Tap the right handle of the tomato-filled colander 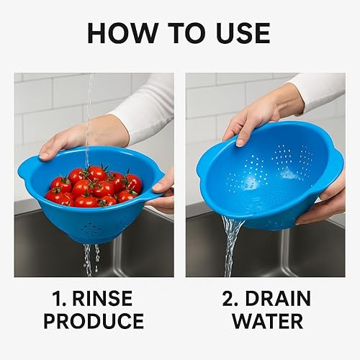click(x=153, y=192)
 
